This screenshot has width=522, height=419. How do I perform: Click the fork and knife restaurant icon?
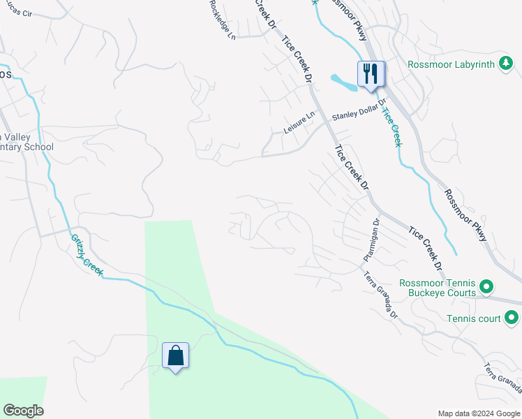(x=370, y=73)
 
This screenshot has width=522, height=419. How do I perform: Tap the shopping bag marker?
(x=175, y=355)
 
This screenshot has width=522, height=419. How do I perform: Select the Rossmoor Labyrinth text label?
(x=451, y=64)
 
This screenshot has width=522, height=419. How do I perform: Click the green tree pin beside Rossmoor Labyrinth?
(x=507, y=64)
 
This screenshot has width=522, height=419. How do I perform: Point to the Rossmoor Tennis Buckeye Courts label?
(x=438, y=288)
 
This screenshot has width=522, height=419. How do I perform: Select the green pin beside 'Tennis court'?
(x=512, y=318)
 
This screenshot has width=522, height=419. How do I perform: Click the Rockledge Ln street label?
(x=221, y=19)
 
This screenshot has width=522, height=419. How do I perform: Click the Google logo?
(x=23, y=411)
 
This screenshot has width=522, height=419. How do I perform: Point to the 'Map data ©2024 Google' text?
(x=479, y=413)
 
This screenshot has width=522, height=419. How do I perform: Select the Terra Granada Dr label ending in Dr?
(x=380, y=295)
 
